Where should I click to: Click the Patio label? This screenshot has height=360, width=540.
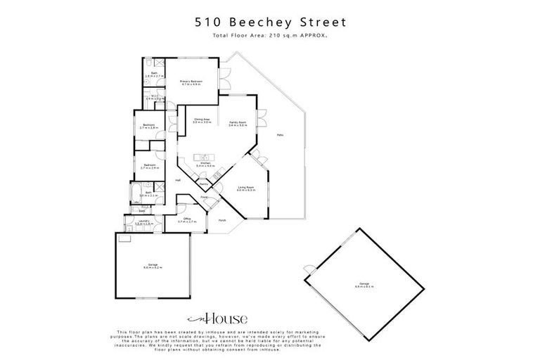(x=280, y=135)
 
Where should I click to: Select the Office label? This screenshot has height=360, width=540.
(x=187, y=219)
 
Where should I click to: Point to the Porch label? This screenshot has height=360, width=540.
(x=221, y=220)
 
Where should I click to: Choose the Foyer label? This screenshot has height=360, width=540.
(x=205, y=198)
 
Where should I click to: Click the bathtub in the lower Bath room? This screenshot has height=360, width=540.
(x=134, y=193)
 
